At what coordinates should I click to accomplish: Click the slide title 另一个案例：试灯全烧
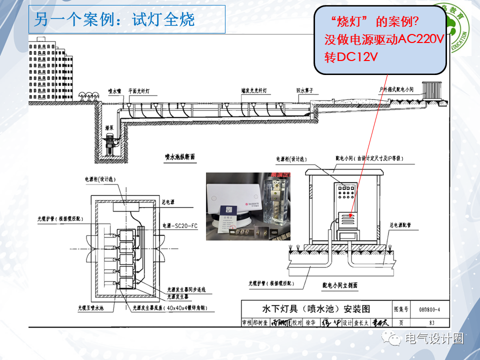pyautogui.click(x=114, y=20)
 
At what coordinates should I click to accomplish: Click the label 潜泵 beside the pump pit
pyautogui.click(x=109, y=128)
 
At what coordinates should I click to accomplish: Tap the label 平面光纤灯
pyautogui.click(x=142, y=91)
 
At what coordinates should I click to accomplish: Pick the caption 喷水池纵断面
pyautogui.click(x=179, y=157)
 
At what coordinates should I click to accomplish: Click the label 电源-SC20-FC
pyautogui.click(x=180, y=226)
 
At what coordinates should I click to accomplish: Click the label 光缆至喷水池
pyautogui.click(x=90, y=307)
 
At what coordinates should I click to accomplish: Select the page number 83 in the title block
pyautogui.click(x=424, y=322)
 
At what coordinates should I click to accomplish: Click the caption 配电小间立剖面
pyautogui.click(x=339, y=285)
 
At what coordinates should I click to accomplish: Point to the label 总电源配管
pyautogui.click(x=404, y=225)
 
